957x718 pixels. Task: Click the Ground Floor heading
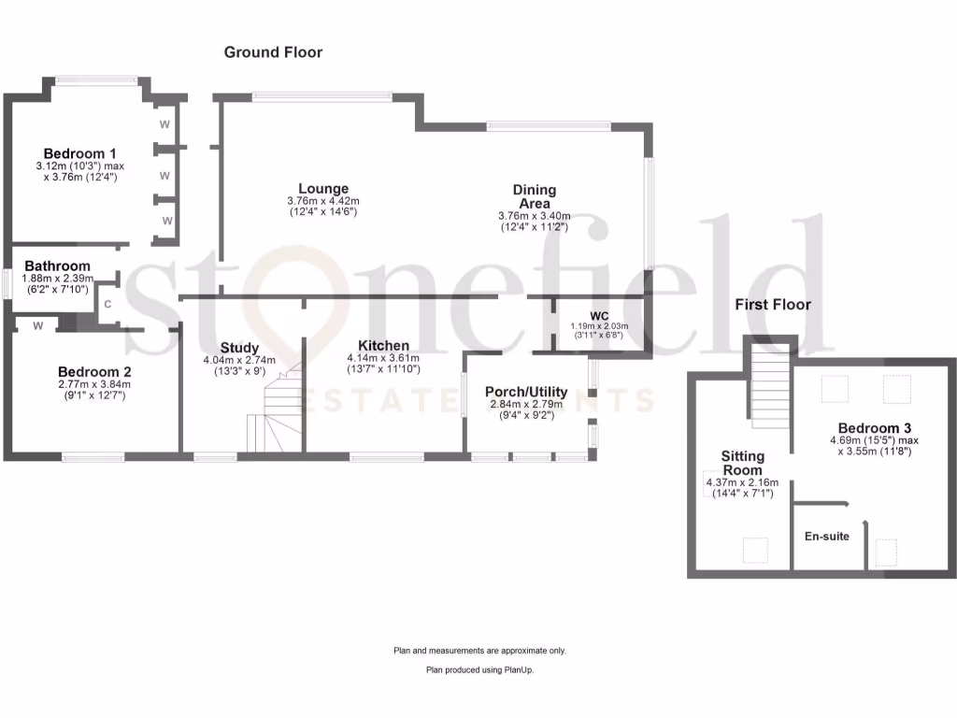pos(273,52)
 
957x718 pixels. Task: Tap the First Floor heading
pos(772,305)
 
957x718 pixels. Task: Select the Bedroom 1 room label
pos(79,153)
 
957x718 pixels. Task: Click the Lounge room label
pos(323,189)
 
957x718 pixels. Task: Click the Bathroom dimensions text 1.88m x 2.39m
pos(57,279)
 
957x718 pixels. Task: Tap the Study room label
pos(239,348)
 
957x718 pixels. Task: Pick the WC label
pos(599,315)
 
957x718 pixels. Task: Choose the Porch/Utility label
pos(525,392)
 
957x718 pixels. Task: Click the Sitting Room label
pos(743,463)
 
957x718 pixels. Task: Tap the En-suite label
pos(826,537)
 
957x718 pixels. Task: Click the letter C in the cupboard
pos(107,304)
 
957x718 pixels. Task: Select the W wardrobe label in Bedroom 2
pos(37,326)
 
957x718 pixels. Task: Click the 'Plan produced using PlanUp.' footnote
pos(479,669)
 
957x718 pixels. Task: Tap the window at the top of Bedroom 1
pos(97,81)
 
